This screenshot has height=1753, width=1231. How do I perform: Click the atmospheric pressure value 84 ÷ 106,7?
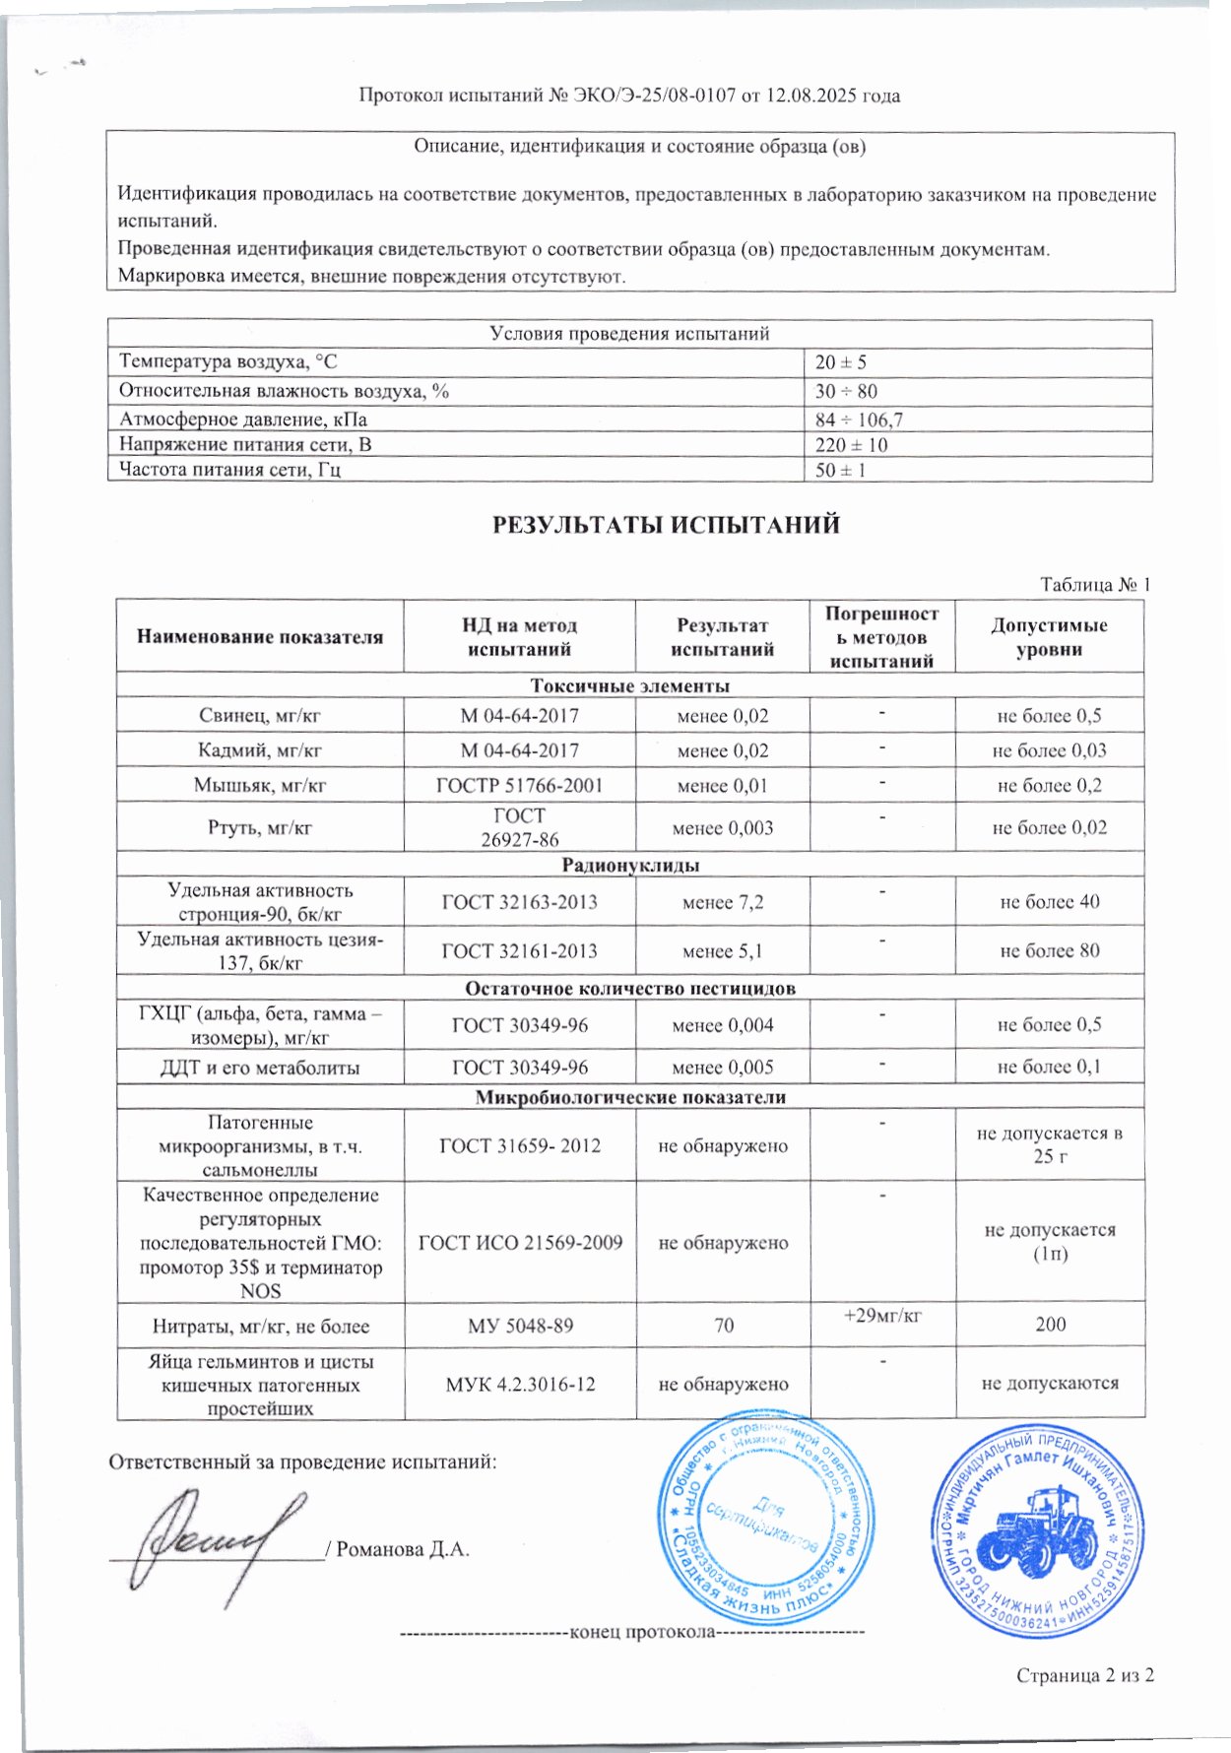859,420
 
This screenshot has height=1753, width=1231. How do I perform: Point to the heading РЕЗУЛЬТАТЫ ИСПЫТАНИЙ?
666,524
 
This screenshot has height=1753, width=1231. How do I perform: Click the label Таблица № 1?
1095,584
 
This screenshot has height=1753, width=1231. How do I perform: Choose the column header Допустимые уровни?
1049,637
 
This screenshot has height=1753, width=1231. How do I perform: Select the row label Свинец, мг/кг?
260,716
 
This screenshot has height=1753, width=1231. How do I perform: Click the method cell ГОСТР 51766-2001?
519,786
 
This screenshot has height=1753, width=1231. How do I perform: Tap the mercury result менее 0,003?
722,828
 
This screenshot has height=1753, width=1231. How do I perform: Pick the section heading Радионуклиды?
630,866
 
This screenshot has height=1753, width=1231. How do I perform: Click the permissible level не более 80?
1049,950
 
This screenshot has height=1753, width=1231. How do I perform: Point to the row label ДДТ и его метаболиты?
260,1068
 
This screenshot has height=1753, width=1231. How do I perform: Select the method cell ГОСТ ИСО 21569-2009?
520,1243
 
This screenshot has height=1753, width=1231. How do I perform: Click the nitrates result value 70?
724,1326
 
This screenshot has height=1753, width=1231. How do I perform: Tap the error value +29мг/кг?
881,1315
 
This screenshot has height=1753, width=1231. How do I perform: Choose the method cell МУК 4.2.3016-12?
520,1385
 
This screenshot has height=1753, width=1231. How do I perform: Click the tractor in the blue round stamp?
1041,1537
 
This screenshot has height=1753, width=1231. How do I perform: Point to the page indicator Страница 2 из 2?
1084,1675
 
